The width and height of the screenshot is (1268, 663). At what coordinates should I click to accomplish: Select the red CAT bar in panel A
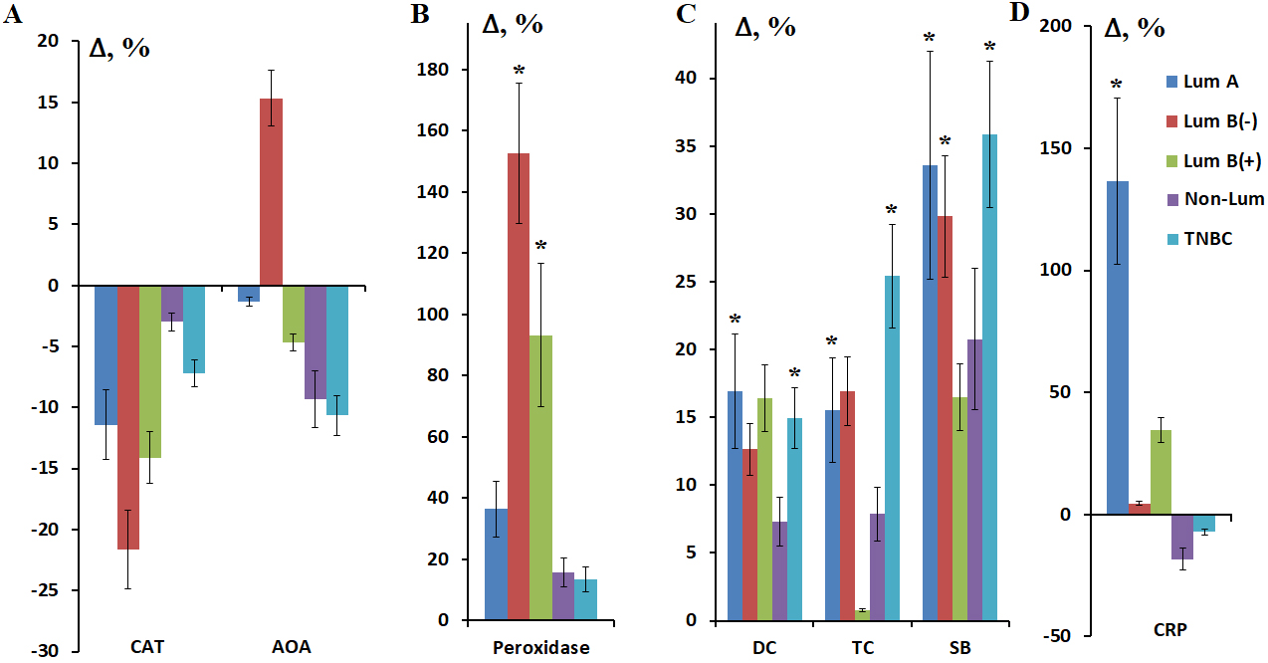pyautogui.click(x=128, y=417)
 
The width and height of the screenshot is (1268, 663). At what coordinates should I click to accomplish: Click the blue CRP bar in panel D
pyautogui.click(x=1119, y=348)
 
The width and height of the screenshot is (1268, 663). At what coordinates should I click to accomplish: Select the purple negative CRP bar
pyautogui.click(x=1182, y=537)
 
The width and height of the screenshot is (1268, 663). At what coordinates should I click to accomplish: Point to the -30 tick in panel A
pyautogui.click(x=47, y=651)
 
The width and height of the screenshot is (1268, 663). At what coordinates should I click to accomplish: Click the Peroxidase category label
pyautogui.click(x=541, y=647)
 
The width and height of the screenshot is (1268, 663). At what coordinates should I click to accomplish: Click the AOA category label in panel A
pyautogui.click(x=292, y=647)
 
